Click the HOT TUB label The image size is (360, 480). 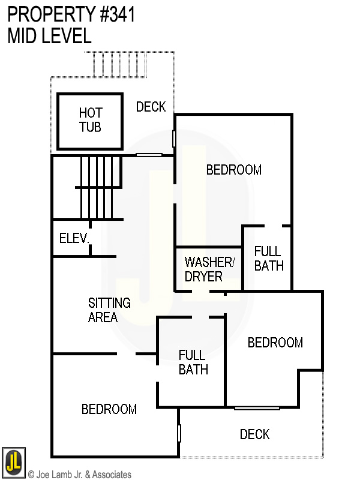[x=90, y=120]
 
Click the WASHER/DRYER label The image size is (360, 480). [x=208, y=269]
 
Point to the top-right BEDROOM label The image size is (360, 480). [x=234, y=170]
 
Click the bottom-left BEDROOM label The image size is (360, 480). [x=109, y=409]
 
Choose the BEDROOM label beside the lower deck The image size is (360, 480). [x=275, y=343]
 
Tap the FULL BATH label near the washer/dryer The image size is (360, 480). [x=268, y=258]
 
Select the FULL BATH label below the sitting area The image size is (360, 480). [x=193, y=362]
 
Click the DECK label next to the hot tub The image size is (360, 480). [x=151, y=107]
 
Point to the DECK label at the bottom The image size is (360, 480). [x=254, y=434]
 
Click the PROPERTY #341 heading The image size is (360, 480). [x=71, y=14]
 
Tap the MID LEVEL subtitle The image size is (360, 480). [x=49, y=36]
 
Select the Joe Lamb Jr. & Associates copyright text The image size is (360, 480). [x=79, y=475]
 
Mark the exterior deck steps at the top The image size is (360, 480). [x=120, y=64]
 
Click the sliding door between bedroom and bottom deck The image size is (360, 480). [x=257, y=409]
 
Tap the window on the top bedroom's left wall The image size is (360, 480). [x=174, y=139]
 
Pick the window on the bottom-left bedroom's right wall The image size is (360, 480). [x=179, y=433]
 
